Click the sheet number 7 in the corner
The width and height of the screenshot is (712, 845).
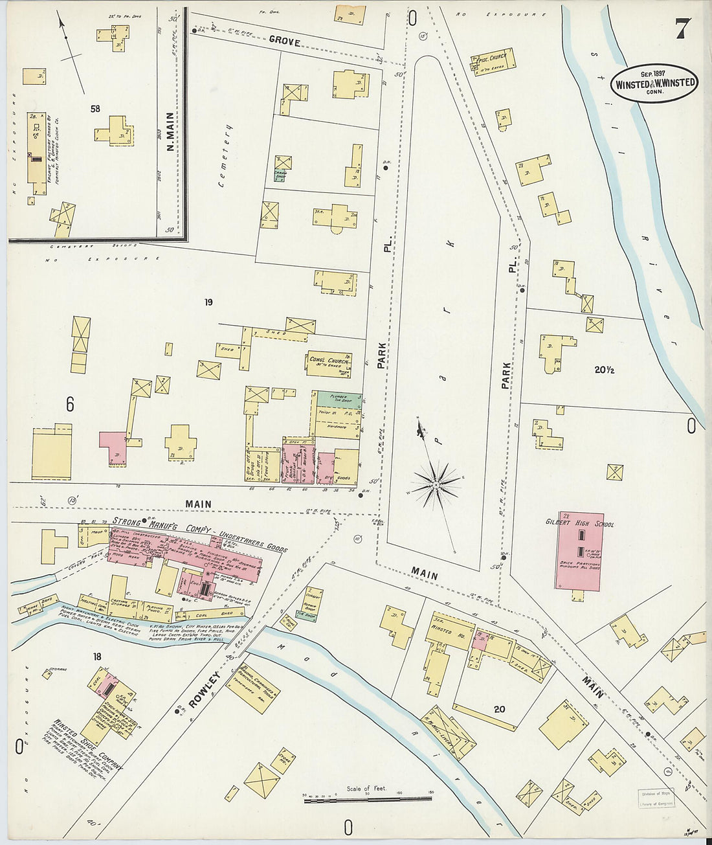coord(682,28)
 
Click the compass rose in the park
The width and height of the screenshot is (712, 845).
coord(436,482)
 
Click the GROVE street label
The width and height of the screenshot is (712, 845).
coord(285,41)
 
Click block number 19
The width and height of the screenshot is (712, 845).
coord(208,302)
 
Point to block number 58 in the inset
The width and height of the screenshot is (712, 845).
coord(95,109)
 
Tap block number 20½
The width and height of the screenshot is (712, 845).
coord(604,370)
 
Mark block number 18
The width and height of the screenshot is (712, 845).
coord(97,657)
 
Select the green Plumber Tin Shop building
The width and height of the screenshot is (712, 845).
coord(338,400)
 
